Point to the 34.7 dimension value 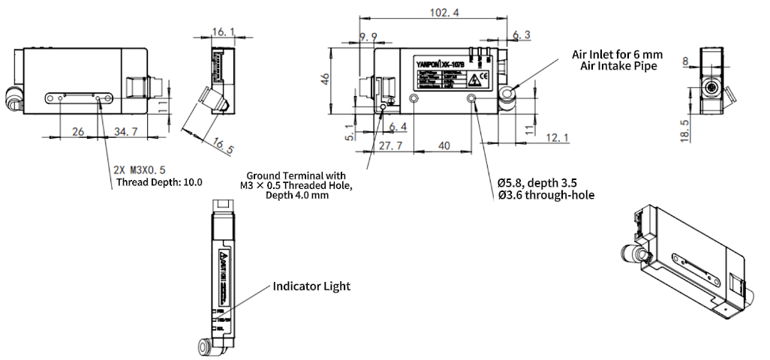[126, 132]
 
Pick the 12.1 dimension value [557, 137]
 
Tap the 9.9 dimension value [368, 37]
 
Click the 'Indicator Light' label [311, 286]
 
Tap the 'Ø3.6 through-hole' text [546, 196]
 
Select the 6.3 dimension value [522, 35]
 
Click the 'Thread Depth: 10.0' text [160, 181]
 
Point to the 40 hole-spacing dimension [444, 146]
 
